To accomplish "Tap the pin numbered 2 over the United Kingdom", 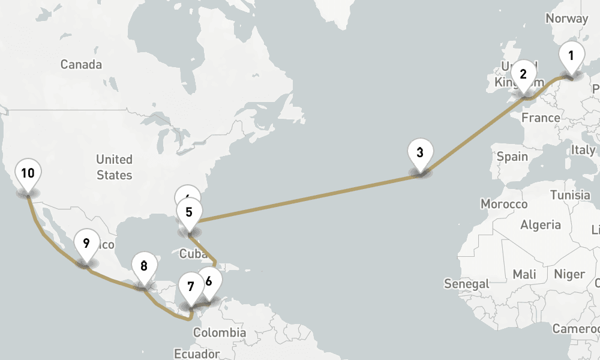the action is coord(523,74).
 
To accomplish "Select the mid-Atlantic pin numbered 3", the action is coord(420,152).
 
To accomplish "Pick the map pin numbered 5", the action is coord(189,212).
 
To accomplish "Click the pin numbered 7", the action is coord(191,287).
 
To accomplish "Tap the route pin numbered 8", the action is coord(143,266).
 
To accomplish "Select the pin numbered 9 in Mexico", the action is coord(86,244).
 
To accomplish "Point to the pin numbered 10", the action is coord(28,174).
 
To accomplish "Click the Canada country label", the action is coord(81,65).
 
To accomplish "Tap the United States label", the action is coord(114,167).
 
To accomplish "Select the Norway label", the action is coord(566,19).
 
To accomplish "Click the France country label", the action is coord(541,118).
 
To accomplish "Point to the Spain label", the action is coord(512,157).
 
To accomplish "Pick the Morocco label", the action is coord(504,204).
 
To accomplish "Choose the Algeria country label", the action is coord(541,225).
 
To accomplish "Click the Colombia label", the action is coord(220,332).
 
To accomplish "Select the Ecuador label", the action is coord(196,353).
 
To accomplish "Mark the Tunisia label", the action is coord(570,195).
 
